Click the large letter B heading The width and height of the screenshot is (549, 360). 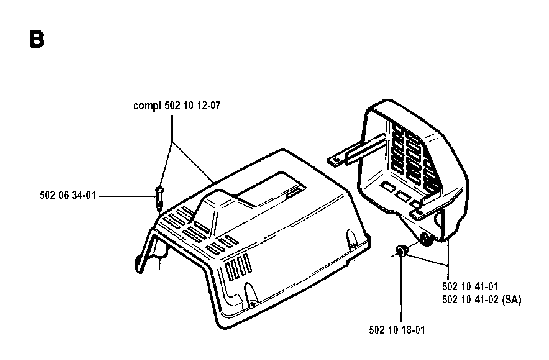pos(37,39)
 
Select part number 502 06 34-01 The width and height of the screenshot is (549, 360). pos(68,196)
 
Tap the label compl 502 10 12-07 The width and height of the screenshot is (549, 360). pos(177,106)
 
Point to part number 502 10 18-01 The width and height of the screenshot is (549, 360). pos(397,330)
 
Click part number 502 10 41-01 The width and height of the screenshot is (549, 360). pos(470,286)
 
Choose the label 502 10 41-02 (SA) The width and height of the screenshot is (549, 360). pos(482,300)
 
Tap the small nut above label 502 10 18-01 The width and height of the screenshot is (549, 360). pos(400,250)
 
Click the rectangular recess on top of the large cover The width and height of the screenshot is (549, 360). pos(270,189)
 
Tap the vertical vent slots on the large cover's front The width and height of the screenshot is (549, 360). pos(238,267)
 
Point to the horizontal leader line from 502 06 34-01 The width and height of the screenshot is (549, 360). pos(126,196)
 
